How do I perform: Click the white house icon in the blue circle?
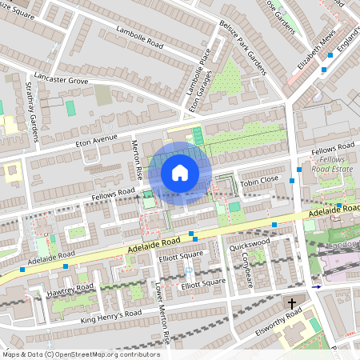(x=180, y=172)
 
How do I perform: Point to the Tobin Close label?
(x=258, y=180)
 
